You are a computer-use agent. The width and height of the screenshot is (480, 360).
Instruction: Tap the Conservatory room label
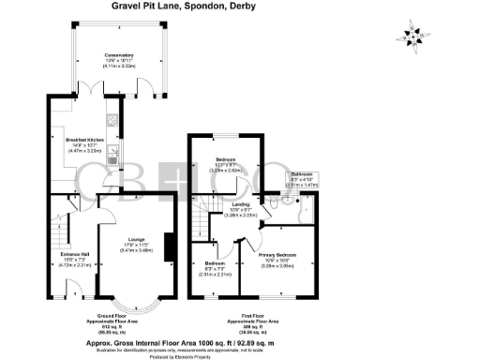click(x=118, y=55)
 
